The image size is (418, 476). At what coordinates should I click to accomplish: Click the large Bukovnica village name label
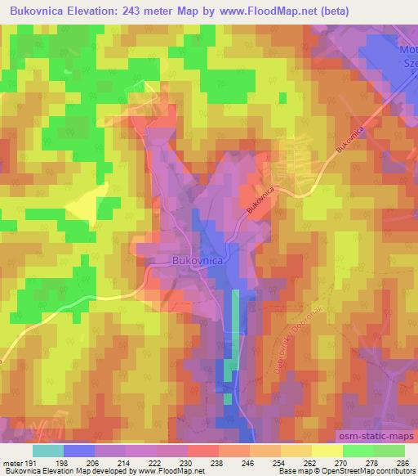(x=198, y=260)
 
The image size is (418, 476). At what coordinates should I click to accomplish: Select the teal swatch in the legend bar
(x=48, y=451)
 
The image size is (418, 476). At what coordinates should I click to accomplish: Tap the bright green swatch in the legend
(x=358, y=451)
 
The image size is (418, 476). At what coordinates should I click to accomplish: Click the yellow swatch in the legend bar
(x=327, y=451)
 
